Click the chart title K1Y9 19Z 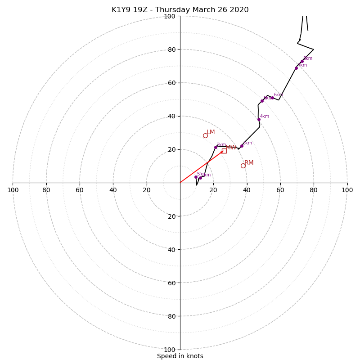180,10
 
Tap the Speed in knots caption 180,356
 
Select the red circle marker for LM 205,135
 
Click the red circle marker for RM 243,166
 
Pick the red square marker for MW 224,151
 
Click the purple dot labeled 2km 216,147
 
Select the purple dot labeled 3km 242,146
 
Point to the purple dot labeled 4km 259,119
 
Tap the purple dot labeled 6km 272,98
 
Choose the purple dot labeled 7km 296,68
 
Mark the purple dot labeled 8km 302,61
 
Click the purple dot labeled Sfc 196,177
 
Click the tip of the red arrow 224,151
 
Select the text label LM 211,132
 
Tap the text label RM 249,163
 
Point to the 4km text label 265,117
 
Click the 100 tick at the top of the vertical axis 170,16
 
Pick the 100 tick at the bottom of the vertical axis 170,350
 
